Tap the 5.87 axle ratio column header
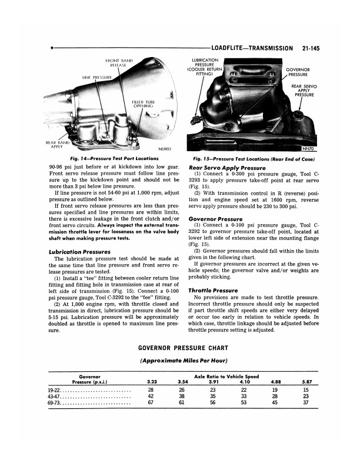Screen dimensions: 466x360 tap(305, 382)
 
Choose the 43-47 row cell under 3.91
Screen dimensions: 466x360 tap(213, 397)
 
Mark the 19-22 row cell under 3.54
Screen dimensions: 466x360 tap(182, 390)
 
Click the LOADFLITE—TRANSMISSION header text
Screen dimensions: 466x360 tap(250, 49)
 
